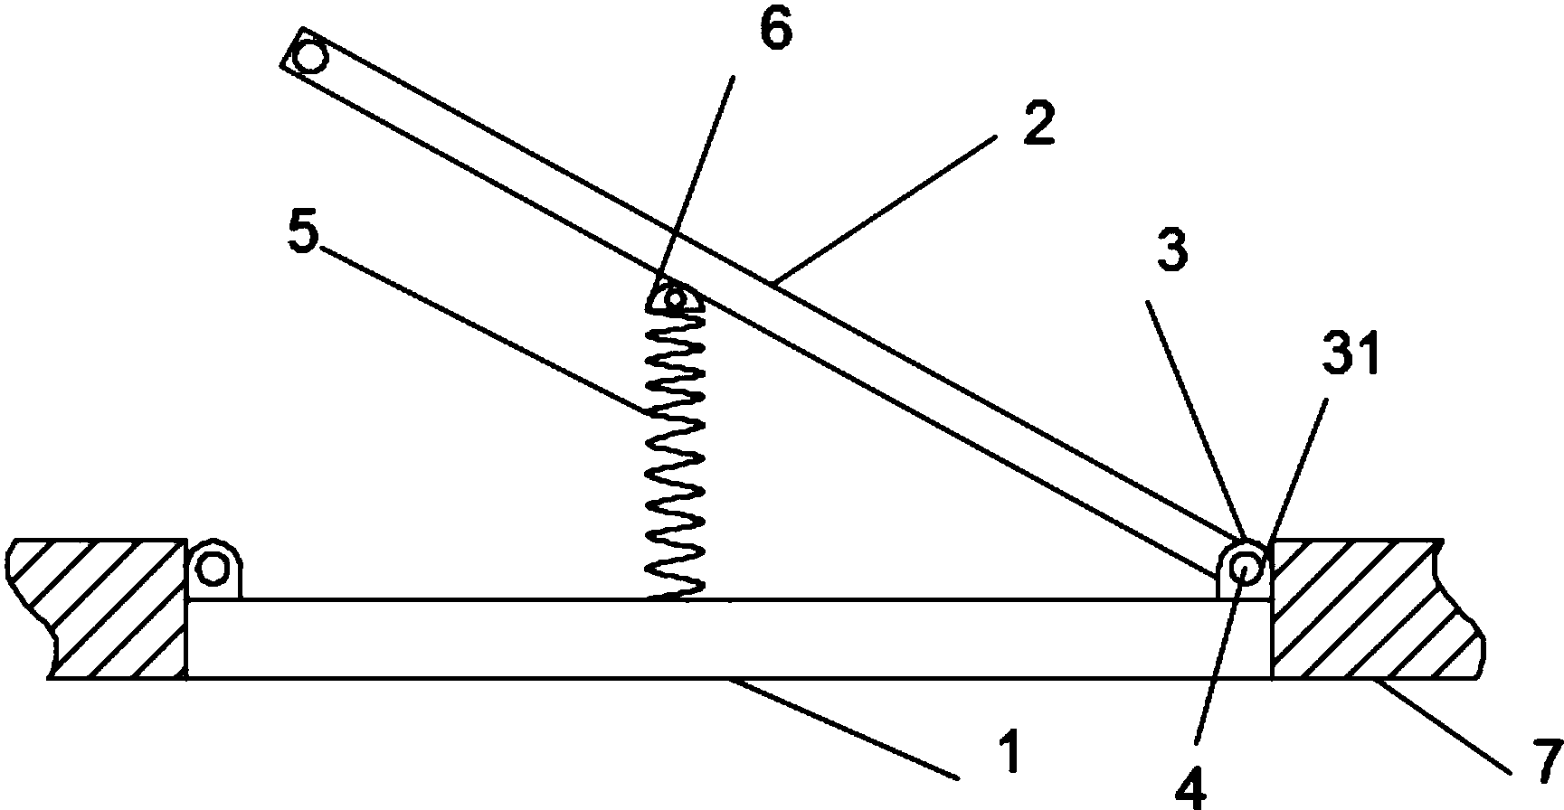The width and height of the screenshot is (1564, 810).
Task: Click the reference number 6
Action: click(x=775, y=31)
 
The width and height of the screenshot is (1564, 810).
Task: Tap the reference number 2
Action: click(x=1038, y=126)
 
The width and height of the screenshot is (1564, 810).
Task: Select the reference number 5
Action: click(x=304, y=235)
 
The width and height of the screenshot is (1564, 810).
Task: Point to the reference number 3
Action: click(x=1172, y=250)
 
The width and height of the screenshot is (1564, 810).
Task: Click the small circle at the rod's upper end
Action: click(x=310, y=58)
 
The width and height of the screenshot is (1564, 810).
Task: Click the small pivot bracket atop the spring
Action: click(x=674, y=297)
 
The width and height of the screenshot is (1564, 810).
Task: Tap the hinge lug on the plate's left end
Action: click(x=213, y=570)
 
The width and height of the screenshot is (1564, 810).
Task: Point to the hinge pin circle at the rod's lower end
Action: click(x=1246, y=568)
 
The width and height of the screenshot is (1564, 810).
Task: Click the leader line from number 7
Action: click(x=1443, y=724)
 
